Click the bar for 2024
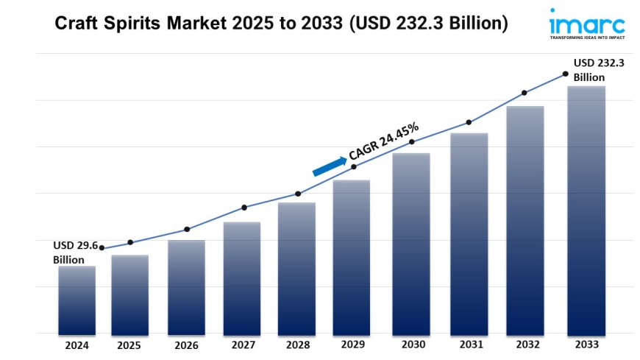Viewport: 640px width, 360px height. point(77,300)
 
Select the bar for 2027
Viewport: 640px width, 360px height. point(241,278)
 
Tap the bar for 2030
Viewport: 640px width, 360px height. point(410,243)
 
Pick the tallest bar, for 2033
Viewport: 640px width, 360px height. point(586,210)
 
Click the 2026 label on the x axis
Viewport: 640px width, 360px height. point(185,345)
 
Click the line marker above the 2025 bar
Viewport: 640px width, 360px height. point(130,242)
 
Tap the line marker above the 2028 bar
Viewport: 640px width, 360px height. point(298,194)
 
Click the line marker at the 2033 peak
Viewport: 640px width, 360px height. point(565,74)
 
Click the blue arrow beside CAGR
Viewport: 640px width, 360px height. point(329,166)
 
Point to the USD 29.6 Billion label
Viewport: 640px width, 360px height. point(74,253)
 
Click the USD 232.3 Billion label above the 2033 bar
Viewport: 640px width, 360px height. point(599,70)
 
